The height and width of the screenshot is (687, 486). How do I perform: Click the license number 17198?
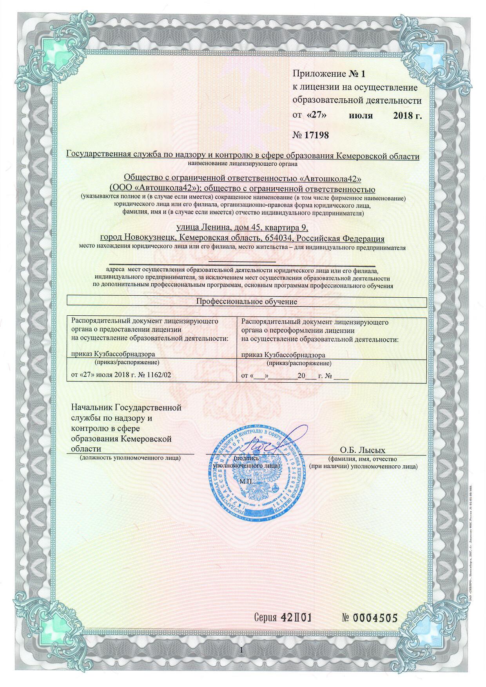pyautogui.click(x=316, y=135)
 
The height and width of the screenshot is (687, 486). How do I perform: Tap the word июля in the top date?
pyautogui.click(x=361, y=116)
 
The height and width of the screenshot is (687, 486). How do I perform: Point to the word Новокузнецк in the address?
pyautogui.click(x=149, y=239)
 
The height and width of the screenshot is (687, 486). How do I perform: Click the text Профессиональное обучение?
pyautogui.click(x=247, y=302)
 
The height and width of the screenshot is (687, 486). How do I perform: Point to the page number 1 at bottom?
pyautogui.click(x=241, y=650)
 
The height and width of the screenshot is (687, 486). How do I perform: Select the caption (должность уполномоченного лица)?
pyautogui.click(x=130, y=457)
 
